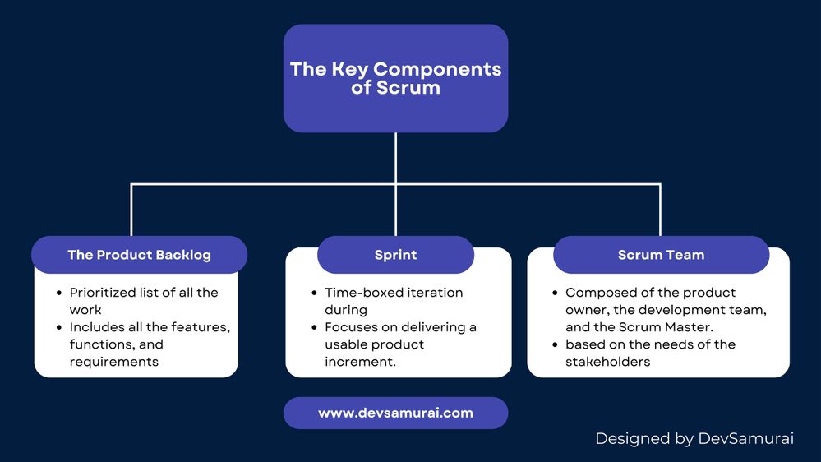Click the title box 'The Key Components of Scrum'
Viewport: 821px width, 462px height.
[x=395, y=78]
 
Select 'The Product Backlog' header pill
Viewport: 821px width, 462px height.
[x=139, y=255]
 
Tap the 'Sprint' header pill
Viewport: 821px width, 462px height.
[x=395, y=255]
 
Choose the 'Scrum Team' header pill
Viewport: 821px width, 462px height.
[x=661, y=255]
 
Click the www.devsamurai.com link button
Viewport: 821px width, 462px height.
[x=395, y=413]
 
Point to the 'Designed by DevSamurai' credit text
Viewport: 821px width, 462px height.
[x=694, y=439]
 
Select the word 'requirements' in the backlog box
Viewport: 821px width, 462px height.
[x=113, y=362]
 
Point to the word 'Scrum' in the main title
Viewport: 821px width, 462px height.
[x=408, y=88]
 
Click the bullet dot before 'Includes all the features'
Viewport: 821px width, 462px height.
[x=59, y=327]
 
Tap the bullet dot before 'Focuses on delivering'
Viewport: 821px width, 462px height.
[x=315, y=327]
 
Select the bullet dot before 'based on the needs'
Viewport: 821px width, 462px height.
[x=556, y=344]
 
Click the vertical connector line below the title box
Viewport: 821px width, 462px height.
[x=395, y=158]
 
